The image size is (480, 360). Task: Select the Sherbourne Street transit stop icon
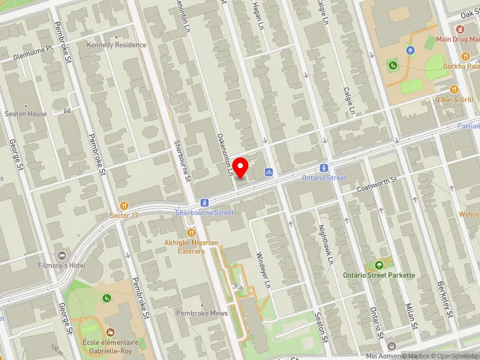[x=205, y=203]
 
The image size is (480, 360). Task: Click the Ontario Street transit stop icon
[x=324, y=169]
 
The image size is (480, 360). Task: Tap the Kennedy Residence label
[x=116, y=45]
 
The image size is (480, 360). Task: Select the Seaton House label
[x=26, y=114]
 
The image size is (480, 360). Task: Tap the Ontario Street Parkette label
[x=379, y=275]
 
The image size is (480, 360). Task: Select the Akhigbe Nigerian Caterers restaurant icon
[x=191, y=232]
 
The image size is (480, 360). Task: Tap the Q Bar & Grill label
[x=455, y=100]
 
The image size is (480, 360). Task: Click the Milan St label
[x=412, y=316]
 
